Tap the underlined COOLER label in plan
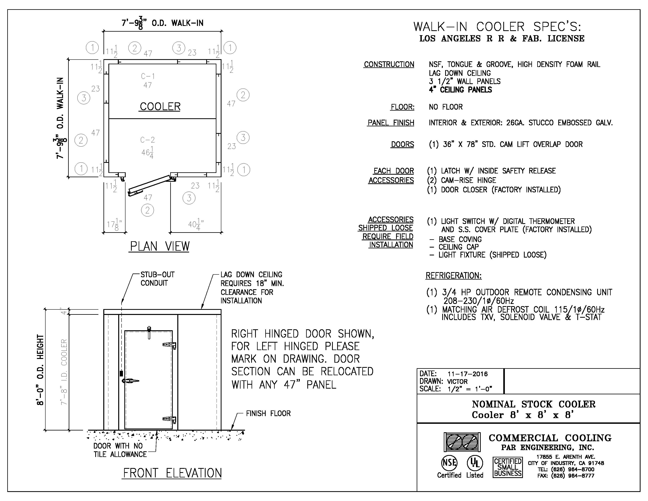(x=160, y=106)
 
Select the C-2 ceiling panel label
(x=147, y=140)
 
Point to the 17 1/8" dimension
(x=114, y=224)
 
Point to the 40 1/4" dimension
(x=196, y=224)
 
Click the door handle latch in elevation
(x=131, y=381)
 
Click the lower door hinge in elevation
(x=169, y=419)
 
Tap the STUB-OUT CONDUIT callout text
(x=157, y=279)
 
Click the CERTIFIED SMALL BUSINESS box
(x=508, y=467)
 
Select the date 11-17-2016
(x=468, y=374)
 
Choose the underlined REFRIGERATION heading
(x=453, y=276)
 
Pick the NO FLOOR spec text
(x=446, y=107)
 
